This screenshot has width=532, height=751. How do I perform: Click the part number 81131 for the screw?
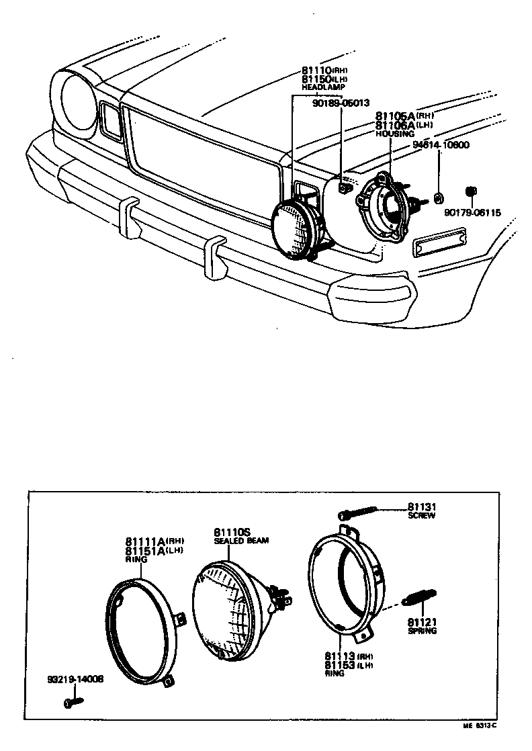click(421, 507)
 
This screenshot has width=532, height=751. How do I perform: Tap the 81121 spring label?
click(421, 622)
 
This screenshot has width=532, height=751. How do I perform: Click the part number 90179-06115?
click(472, 212)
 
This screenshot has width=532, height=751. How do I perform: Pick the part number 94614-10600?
click(441, 144)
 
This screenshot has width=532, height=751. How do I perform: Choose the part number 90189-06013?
click(341, 103)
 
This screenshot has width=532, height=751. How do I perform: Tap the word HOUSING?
click(395, 134)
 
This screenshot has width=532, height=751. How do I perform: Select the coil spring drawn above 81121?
click(418, 596)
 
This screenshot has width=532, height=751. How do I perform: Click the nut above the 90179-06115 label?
click(471, 193)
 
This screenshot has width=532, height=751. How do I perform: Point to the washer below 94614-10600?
click(438, 197)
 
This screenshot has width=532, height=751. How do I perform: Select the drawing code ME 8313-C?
click(479, 726)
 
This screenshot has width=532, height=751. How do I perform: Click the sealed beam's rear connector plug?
click(279, 594)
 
